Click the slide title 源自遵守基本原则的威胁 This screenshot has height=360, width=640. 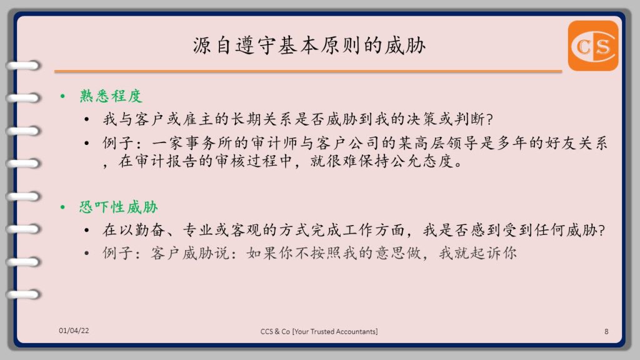tap(309, 45)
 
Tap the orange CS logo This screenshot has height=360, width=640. tap(593, 46)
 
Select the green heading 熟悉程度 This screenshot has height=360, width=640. tap(111, 96)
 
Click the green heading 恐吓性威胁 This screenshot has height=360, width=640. tap(118, 207)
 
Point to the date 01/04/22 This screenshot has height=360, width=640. tap(74, 331)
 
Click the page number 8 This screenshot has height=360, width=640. tap(606, 331)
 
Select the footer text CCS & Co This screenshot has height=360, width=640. tap(275, 331)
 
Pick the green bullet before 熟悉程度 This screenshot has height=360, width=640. tap(62, 96)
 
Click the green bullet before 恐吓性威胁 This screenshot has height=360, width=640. tap(62, 207)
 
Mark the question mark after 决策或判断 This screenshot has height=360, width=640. tap(490, 119)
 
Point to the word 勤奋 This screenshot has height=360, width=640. tap(150, 230)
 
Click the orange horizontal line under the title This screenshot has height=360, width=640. tap(308, 71)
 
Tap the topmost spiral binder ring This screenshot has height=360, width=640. tap(23, 65)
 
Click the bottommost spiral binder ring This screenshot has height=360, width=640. tap(23, 294)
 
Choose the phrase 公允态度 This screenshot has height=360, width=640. tap(422, 161)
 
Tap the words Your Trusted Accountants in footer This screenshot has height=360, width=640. tap(336, 331)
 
